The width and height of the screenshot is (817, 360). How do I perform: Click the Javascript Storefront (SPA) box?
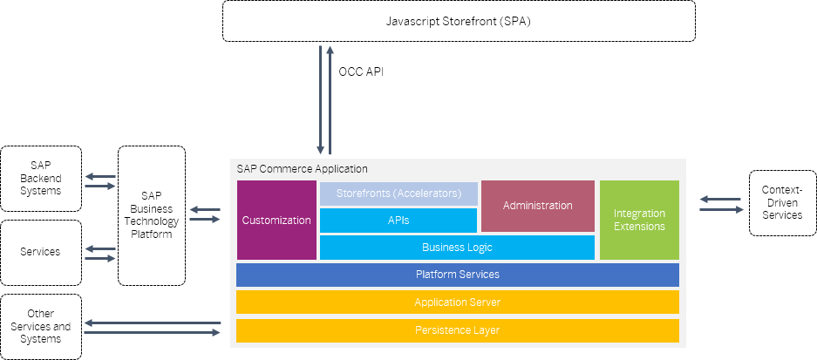click(x=459, y=21)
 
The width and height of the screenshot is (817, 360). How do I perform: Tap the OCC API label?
click(x=361, y=71)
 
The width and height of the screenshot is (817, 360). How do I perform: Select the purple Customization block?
click(x=276, y=220)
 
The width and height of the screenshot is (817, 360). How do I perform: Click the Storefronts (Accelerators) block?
click(x=398, y=194)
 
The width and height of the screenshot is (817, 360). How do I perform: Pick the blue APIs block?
click(x=398, y=221)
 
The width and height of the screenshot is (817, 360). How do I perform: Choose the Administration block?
click(x=538, y=206)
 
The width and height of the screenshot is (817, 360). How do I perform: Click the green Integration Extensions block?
click(x=639, y=220)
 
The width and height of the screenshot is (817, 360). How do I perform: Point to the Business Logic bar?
click(x=457, y=247)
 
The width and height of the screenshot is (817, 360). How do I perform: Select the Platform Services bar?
click(x=458, y=275)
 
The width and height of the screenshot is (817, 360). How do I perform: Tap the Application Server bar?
click(x=458, y=302)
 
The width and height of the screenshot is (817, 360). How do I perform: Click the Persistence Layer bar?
click(x=458, y=330)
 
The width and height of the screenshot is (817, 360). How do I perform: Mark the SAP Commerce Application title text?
click(x=303, y=169)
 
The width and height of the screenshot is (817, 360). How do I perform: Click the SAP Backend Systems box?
click(x=41, y=179)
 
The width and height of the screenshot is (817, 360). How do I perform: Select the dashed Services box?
click(x=41, y=252)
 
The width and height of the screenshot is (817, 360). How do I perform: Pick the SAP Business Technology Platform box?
click(x=152, y=215)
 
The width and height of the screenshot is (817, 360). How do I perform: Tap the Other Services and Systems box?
click(x=41, y=327)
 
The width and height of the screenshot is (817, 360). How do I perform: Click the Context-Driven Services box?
click(x=782, y=203)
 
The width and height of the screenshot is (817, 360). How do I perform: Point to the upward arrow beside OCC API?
click(x=330, y=100)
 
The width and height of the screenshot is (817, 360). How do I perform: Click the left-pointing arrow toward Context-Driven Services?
click(x=720, y=199)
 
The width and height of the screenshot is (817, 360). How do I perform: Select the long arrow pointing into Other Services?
click(x=153, y=323)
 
